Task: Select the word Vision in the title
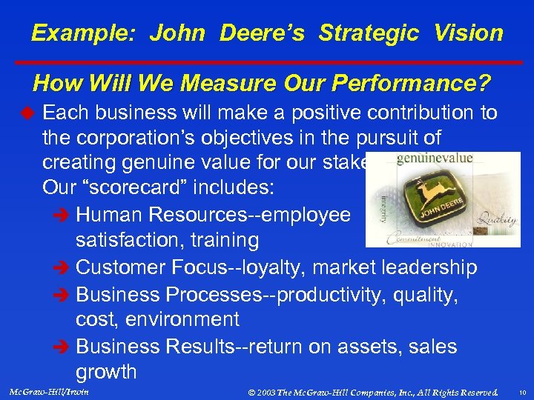[469, 33]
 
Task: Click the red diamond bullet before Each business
[24, 113]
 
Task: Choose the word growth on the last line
[106, 372]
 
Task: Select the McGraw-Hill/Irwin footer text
[47, 391]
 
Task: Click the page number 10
[521, 392]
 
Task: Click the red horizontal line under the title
[267, 61]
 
